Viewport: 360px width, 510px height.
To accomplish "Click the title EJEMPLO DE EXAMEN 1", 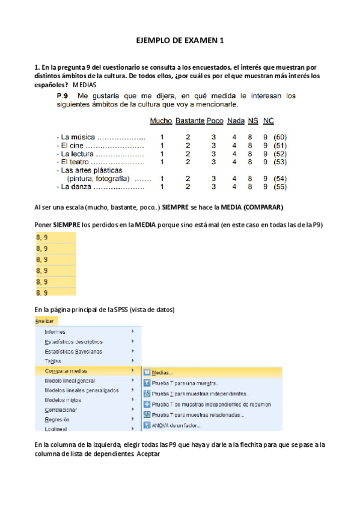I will [180, 40].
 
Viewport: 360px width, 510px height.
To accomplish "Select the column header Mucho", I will [160, 121].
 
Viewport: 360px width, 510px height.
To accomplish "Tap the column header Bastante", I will [190, 121].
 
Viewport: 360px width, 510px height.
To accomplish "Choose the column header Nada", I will [236, 121].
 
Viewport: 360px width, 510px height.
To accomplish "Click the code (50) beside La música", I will [279, 137].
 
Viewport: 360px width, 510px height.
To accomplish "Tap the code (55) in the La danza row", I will [279, 187].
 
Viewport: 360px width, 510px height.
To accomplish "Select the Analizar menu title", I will [44, 321].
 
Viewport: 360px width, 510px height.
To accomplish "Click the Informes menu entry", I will [55, 332].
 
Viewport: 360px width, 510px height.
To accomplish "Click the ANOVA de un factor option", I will [175, 426].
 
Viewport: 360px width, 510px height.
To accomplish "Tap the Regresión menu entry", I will [57, 420].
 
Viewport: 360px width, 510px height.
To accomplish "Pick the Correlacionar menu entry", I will [61, 410].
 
